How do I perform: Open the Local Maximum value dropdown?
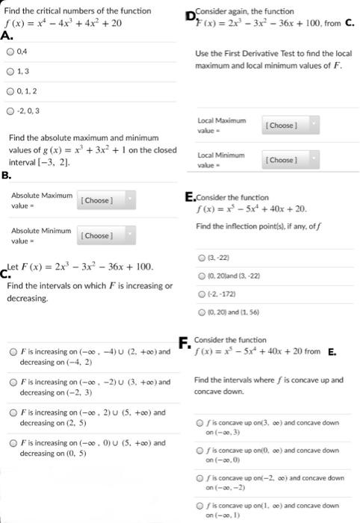[x=291, y=125]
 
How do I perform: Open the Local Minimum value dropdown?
[x=291, y=160]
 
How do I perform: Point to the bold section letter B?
[x=7, y=176]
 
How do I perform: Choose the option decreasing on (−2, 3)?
[x=13, y=383]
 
